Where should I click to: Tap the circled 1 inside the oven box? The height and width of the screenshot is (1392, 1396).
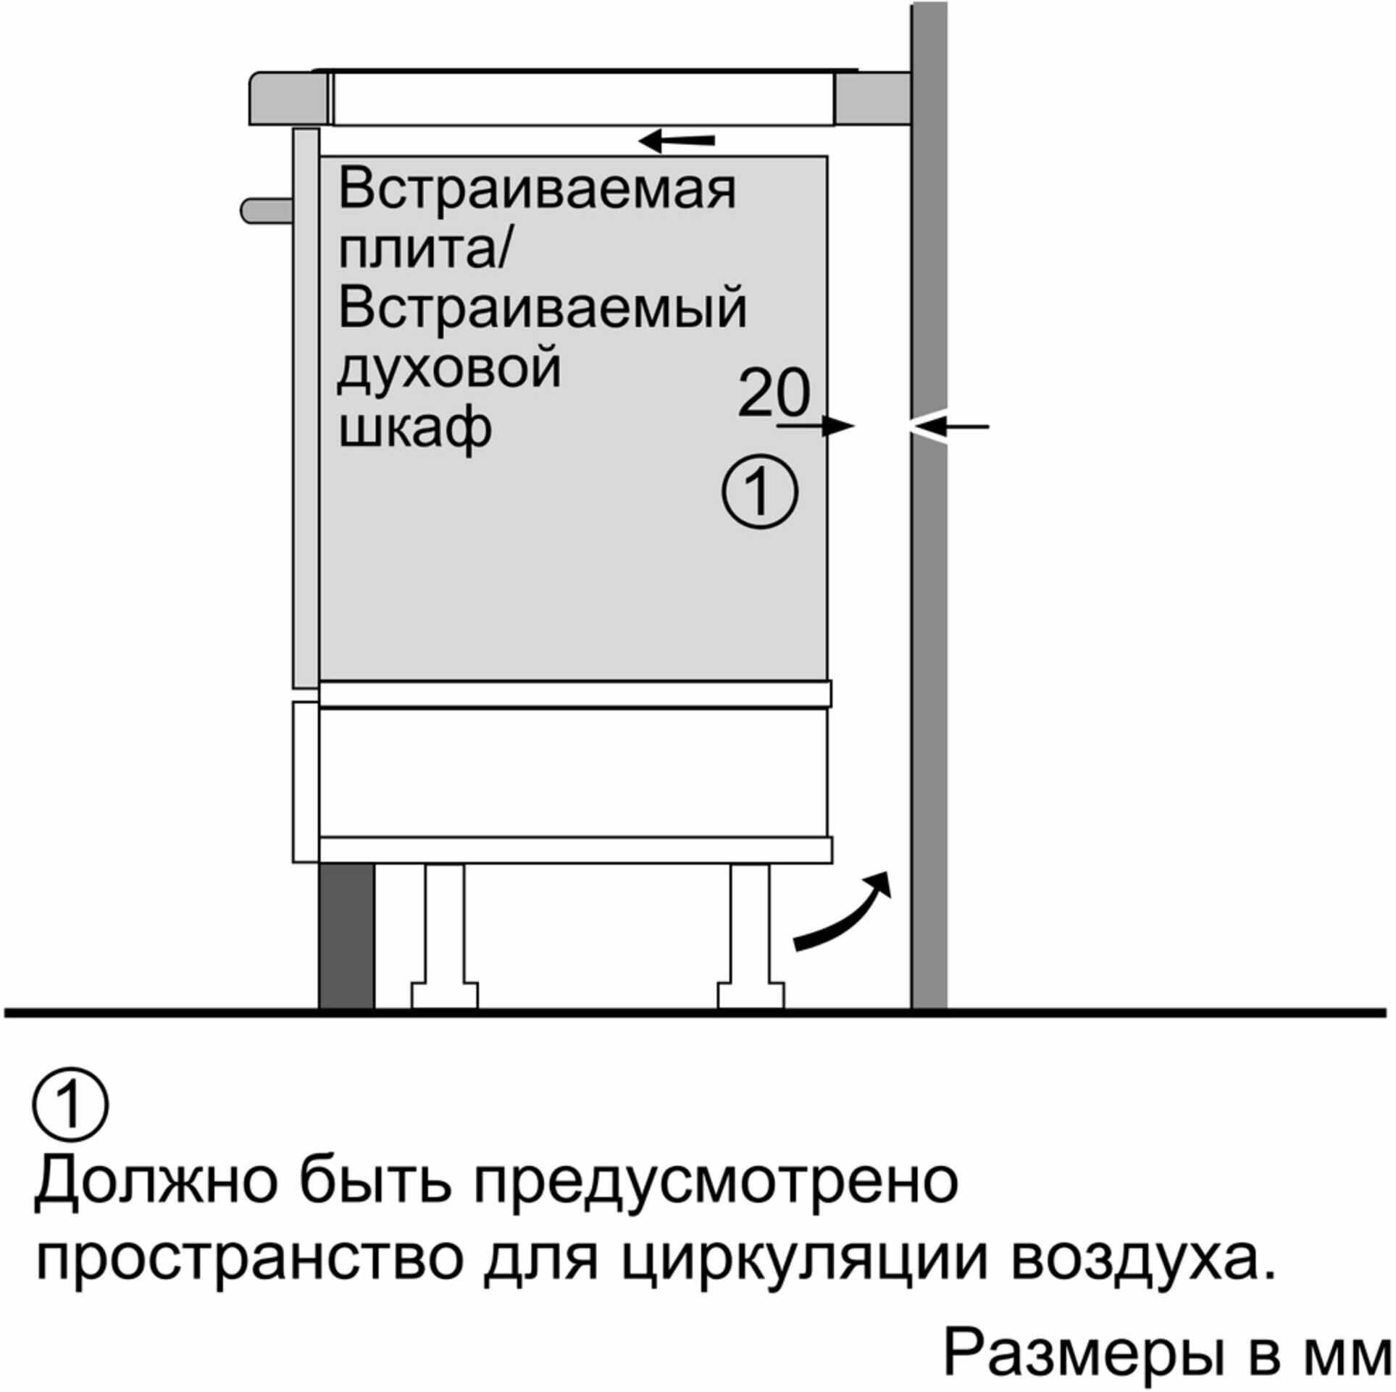pyautogui.click(x=760, y=492)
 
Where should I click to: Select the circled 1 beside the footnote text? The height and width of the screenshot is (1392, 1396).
pyautogui.click(x=70, y=1105)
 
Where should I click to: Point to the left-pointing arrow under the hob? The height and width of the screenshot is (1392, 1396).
pyautogui.click(x=676, y=141)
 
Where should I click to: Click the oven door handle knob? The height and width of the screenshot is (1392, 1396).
pyautogui.click(x=267, y=211)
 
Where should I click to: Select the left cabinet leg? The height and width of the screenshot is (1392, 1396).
pyautogui.click(x=445, y=935)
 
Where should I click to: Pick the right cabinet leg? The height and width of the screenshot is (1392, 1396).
pyautogui.click(x=751, y=935)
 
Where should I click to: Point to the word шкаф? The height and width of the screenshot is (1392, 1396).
pyautogui.click(x=415, y=429)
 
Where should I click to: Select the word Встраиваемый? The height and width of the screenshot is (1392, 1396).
pyautogui.click(x=542, y=307)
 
